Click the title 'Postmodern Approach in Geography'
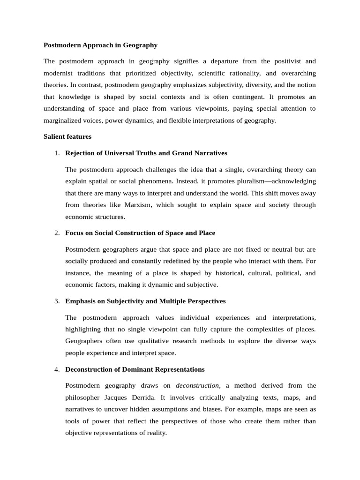coord(100,45)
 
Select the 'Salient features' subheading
coord(67,137)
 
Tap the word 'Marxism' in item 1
coord(138,205)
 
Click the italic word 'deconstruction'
coord(197,385)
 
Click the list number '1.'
coord(57,153)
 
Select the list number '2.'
coord(57,232)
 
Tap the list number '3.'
coord(57,301)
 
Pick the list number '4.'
coord(57,369)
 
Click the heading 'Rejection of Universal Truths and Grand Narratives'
coord(146,153)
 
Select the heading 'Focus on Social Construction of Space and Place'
coord(140,232)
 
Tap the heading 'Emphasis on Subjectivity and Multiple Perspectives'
coord(145,301)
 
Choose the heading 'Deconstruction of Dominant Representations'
coord(135,369)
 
